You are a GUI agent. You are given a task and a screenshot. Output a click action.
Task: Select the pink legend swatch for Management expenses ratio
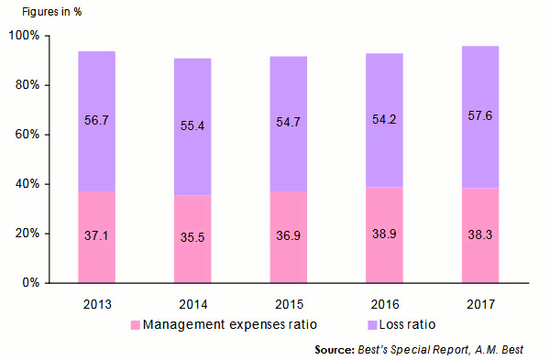(137, 325)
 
